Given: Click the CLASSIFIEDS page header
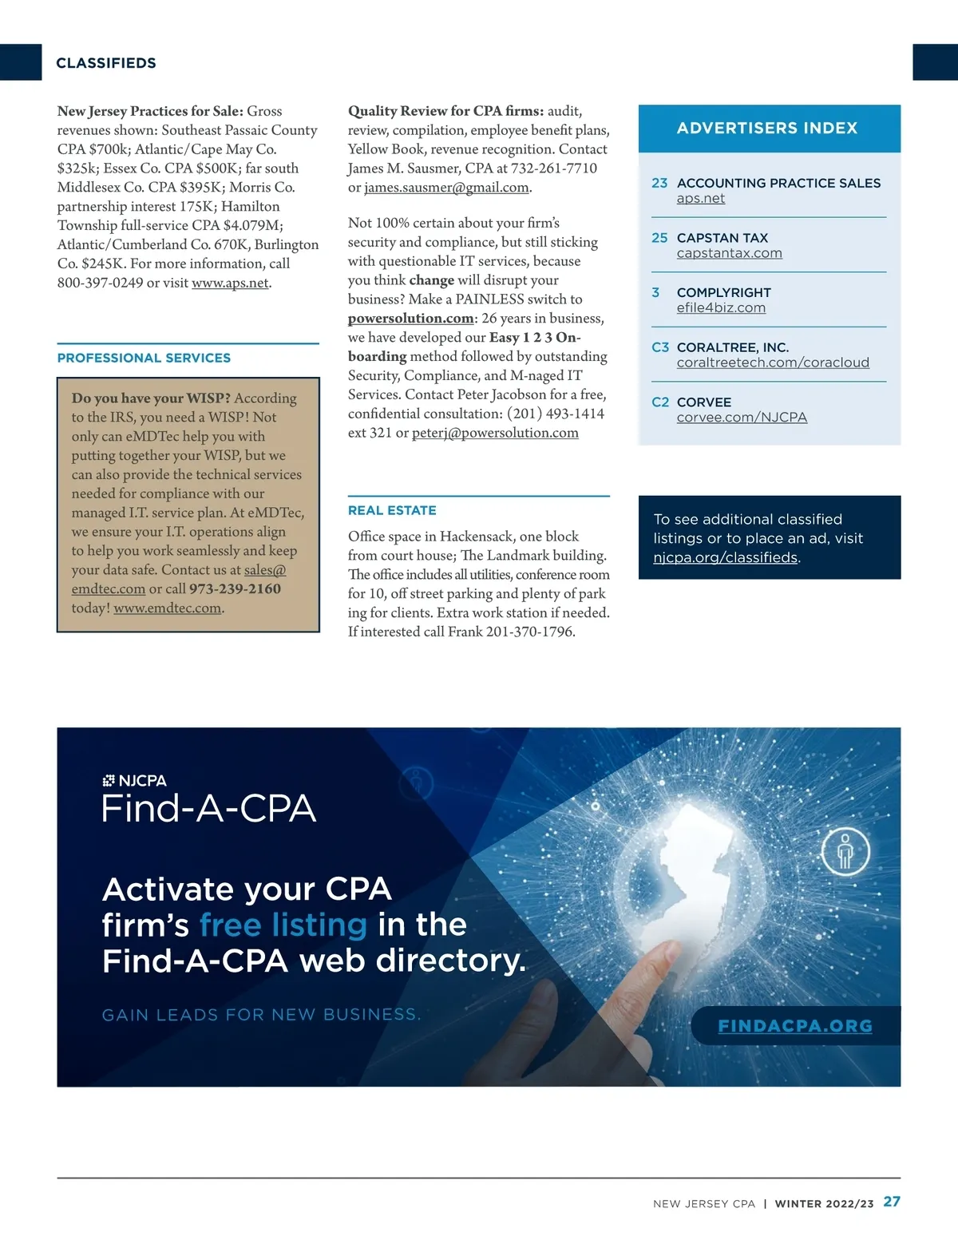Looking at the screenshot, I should tap(106, 63).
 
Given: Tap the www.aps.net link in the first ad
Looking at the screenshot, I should tap(230, 283).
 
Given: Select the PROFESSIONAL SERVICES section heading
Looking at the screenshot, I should tap(144, 358).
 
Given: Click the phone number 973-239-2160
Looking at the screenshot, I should tap(235, 588).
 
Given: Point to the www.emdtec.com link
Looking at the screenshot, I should tap(167, 608).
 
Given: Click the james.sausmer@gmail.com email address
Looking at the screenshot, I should tap(446, 187).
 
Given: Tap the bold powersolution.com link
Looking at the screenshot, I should tap(410, 318).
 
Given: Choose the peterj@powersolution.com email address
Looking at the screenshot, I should tap(495, 433).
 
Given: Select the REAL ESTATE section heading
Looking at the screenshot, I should tap(392, 510).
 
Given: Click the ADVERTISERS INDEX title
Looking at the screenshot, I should tap(767, 128).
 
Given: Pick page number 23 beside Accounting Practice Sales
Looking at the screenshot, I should tap(659, 183).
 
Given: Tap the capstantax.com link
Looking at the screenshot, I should tap(729, 253).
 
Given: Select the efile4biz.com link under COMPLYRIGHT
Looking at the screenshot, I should tap(721, 307).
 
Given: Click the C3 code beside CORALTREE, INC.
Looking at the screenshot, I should tap(660, 347).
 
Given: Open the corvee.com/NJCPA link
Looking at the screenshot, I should tap(742, 417).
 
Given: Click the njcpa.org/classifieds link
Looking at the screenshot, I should tap(725, 557).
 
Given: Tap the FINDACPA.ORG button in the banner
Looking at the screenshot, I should tap(795, 1026).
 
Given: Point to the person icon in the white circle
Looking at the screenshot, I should tap(845, 852).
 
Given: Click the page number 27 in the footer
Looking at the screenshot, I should tap(892, 1202).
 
